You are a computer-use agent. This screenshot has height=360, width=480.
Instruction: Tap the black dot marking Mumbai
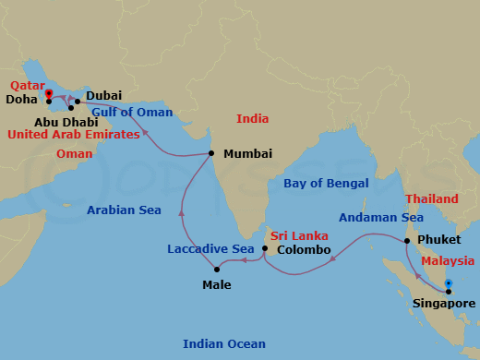click(x=211, y=153)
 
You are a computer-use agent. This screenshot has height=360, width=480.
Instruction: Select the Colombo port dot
click(x=265, y=248)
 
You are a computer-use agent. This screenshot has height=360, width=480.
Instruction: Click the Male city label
click(x=218, y=284)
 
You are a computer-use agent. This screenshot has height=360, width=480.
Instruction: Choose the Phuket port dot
click(x=407, y=241)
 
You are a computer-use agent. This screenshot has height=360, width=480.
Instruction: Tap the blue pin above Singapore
click(x=448, y=284)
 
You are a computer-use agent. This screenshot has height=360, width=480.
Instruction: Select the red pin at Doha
click(x=48, y=93)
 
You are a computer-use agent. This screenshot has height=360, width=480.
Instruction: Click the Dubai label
click(x=103, y=96)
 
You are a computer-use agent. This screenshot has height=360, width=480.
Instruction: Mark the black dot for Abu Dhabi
click(x=71, y=108)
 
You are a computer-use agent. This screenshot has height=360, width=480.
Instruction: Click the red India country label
click(x=252, y=118)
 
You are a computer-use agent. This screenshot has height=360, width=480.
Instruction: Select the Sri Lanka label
click(x=294, y=235)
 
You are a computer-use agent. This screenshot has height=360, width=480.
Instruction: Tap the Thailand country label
click(x=431, y=198)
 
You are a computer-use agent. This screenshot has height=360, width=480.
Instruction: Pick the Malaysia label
click(x=448, y=261)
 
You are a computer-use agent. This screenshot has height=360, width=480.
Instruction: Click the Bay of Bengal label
click(x=326, y=183)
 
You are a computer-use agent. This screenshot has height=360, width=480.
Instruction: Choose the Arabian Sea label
click(x=124, y=210)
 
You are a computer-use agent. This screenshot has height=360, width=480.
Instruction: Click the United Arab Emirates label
click(x=74, y=135)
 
